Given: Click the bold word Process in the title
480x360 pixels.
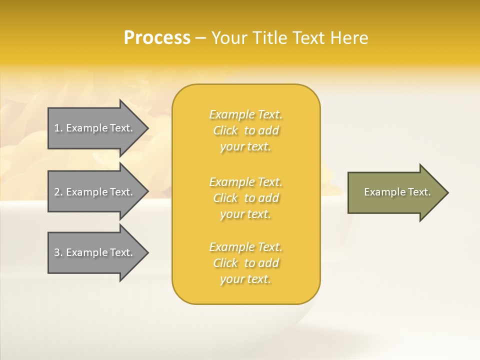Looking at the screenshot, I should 157,38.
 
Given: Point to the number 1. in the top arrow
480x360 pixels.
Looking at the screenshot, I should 58,128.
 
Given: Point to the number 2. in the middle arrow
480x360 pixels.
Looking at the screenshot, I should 58,192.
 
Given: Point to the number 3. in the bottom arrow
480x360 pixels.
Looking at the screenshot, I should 58,252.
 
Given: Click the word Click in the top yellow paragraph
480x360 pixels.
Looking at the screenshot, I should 225,130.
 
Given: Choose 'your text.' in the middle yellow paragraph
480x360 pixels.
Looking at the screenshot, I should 245,214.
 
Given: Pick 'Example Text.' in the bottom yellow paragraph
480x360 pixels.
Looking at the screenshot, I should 245,247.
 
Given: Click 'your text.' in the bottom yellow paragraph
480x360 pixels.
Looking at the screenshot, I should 245,279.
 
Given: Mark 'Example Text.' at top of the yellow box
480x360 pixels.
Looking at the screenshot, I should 245,114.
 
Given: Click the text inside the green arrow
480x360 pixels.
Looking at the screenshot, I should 397,192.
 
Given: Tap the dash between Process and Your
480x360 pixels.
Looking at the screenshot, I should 201,38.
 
